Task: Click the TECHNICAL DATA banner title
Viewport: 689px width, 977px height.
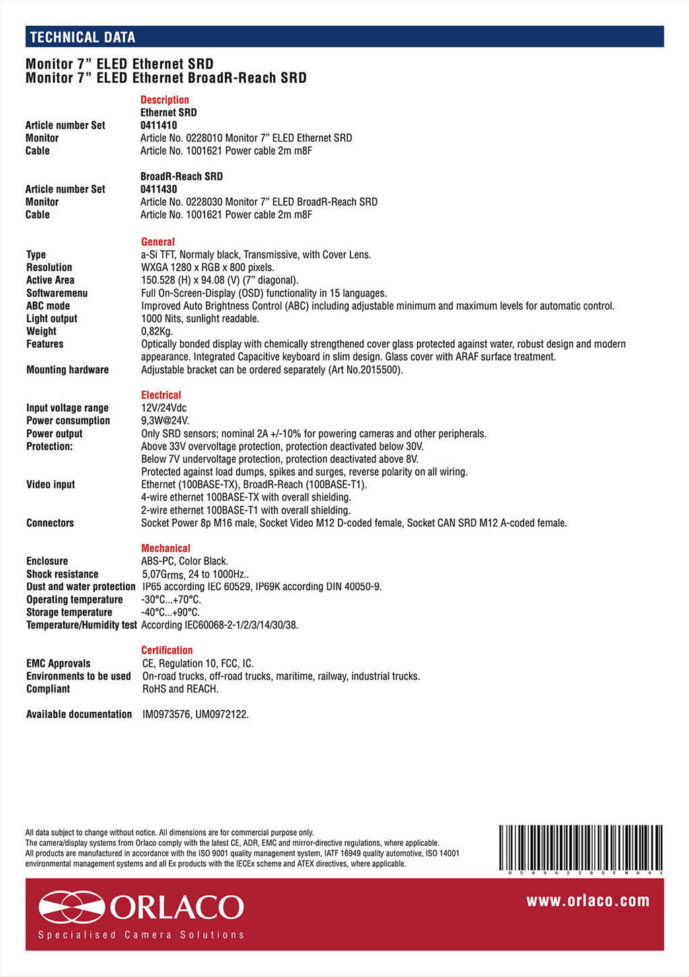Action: point(82,38)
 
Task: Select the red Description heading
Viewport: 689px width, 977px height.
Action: point(164,100)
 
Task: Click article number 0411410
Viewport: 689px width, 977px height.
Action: point(159,125)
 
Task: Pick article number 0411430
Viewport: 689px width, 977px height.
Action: point(159,189)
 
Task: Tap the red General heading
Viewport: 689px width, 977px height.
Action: point(158,242)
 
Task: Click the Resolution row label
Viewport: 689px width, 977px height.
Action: point(49,267)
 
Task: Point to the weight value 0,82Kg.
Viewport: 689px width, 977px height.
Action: point(157,331)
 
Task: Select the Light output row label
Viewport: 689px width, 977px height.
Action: point(52,318)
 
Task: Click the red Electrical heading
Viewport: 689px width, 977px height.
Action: point(161,395)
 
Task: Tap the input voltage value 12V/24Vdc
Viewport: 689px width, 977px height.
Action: point(164,408)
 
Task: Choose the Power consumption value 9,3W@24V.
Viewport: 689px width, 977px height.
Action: point(165,421)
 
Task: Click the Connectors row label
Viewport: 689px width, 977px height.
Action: point(50,523)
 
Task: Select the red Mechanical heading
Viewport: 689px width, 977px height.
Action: point(166,548)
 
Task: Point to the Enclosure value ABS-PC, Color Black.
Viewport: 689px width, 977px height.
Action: point(184,561)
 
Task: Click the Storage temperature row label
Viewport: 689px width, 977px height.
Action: point(69,612)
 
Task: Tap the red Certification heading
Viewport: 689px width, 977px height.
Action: point(167,650)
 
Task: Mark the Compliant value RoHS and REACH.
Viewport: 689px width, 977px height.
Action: point(180,689)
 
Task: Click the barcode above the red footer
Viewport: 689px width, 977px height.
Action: point(581,848)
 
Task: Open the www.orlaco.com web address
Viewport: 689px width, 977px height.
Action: point(587,901)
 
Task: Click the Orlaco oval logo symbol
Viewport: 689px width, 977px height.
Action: point(71,907)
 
